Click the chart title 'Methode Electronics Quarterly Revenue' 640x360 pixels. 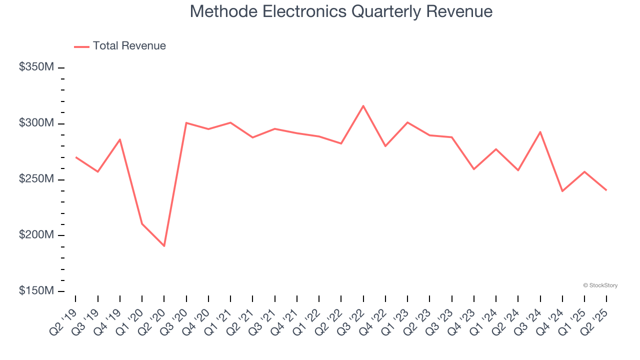(x=341, y=11)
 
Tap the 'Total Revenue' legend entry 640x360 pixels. (x=129, y=46)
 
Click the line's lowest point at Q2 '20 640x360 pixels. (x=164, y=246)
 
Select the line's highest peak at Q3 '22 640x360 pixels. (x=363, y=105)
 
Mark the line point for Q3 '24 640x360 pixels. (x=540, y=132)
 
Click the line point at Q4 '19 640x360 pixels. (x=120, y=139)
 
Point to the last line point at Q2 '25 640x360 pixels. (x=606, y=190)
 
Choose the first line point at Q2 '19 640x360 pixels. (x=75, y=157)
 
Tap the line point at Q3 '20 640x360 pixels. (x=186, y=122)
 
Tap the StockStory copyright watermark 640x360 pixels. (x=600, y=285)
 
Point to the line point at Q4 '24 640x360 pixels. (x=562, y=191)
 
